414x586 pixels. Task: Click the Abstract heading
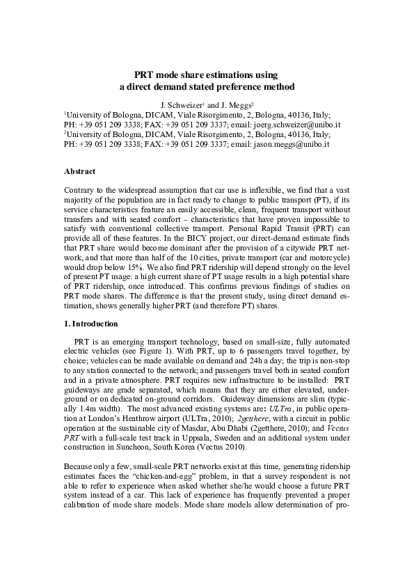(x=79, y=171)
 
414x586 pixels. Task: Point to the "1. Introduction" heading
(x=92, y=324)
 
